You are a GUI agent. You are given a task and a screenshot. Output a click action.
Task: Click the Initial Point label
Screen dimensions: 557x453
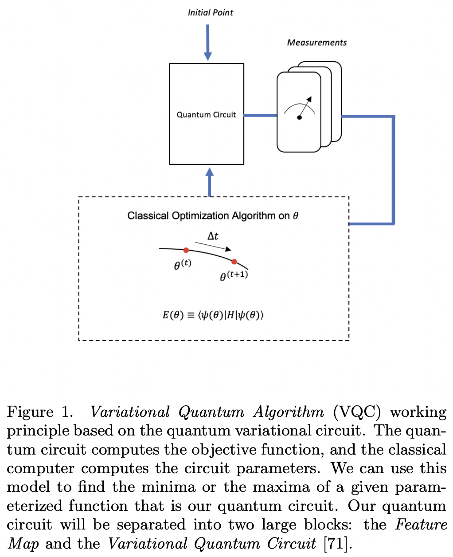210,12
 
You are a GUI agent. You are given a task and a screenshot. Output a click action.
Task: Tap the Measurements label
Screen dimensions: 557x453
316,43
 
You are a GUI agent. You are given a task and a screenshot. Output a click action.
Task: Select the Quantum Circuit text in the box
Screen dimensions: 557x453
206,114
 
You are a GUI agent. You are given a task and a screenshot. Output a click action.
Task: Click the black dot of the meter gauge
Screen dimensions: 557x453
299,118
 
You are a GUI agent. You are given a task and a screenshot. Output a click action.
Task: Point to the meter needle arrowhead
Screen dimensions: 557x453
309,99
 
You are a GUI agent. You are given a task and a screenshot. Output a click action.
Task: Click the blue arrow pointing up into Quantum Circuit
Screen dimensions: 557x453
210,182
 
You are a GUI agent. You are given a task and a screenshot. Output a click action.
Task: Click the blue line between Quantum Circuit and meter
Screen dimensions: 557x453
260,115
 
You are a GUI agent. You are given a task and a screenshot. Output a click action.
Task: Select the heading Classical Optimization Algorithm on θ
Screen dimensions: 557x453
213,216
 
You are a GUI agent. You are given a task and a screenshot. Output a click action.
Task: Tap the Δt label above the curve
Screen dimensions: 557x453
213,236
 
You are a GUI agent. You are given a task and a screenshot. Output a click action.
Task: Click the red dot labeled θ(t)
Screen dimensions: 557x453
186,251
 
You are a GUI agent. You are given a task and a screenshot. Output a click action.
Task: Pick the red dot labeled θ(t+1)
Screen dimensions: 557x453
234,262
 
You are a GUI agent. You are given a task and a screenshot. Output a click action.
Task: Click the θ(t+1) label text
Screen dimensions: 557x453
234,276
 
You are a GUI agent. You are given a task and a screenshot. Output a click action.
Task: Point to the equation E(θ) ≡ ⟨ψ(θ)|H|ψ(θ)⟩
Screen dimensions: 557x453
213,315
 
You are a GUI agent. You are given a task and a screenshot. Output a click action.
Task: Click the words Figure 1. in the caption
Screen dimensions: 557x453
39,412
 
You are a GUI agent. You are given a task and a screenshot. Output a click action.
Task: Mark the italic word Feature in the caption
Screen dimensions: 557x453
421,525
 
